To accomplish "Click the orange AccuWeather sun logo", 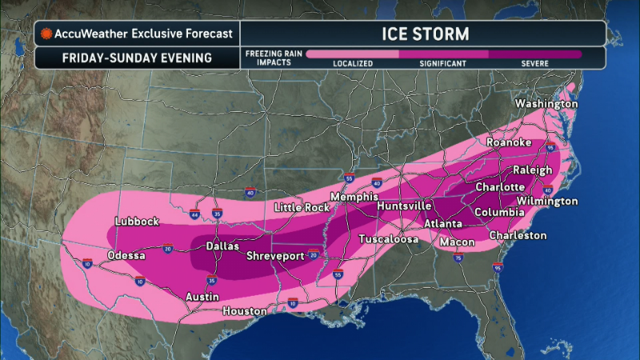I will (47, 34).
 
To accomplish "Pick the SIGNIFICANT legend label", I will (443, 63).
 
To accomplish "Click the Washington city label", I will (546, 105).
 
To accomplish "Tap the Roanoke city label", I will (509, 142).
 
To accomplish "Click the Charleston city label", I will (518, 235).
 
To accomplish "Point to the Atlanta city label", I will (443, 223).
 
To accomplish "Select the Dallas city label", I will (223, 246).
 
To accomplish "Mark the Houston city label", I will (244, 310).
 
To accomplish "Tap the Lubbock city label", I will (138, 222).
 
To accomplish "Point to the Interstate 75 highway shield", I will (458, 258).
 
